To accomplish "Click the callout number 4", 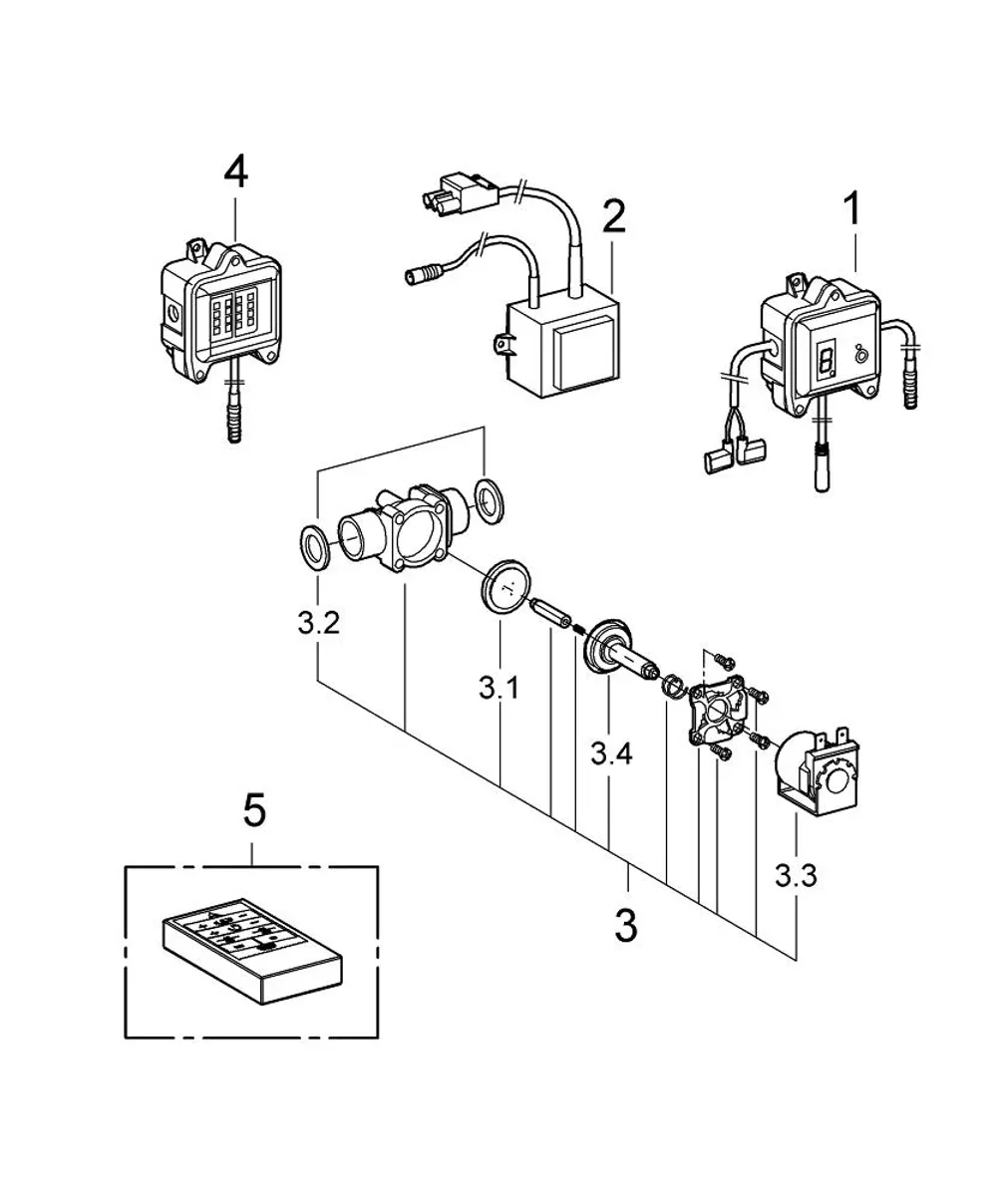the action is tap(236, 172).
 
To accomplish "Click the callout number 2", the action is tap(614, 216).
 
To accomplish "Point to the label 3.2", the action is tap(319, 623).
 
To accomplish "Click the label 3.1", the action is tap(499, 688).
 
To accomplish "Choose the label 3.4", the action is tap(612, 753).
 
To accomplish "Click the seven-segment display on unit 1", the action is tap(826, 361).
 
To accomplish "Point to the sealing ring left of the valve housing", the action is tap(316, 546).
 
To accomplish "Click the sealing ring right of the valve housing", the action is tap(489, 500).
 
